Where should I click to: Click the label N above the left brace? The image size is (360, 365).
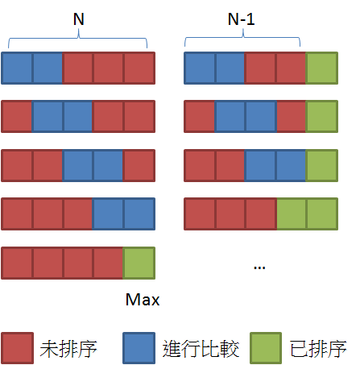[x=79, y=19]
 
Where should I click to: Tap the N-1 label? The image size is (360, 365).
[x=241, y=19]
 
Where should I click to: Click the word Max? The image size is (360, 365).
[x=143, y=300]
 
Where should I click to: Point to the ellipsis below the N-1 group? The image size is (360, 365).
[x=259, y=268]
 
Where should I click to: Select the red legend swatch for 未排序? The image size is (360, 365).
[x=18, y=348]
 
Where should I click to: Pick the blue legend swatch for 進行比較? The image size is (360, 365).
[x=139, y=348]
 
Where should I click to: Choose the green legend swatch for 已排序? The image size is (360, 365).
[x=266, y=348]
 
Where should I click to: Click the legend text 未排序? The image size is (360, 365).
[x=68, y=349]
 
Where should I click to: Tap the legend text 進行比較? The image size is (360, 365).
[x=201, y=349]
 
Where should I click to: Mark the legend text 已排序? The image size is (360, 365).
[x=318, y=349]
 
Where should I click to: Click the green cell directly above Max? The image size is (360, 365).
[x=139, y=263]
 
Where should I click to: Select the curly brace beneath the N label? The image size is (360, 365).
[x=78, y=39]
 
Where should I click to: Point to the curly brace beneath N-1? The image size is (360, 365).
[x=242, y=38]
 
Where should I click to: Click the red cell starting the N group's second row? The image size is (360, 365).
[x=17, y=117]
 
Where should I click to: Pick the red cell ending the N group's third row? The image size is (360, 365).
[x=139, y=166]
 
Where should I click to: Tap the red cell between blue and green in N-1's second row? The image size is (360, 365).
[x=292, y=117]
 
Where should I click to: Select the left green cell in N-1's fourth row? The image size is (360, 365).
[x=292, y=214]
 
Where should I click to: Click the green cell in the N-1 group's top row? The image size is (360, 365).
[x=322, y=68]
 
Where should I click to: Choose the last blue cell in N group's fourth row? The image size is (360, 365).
[x=139, y=214]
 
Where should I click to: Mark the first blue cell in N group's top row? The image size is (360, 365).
[x=17, y=68]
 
